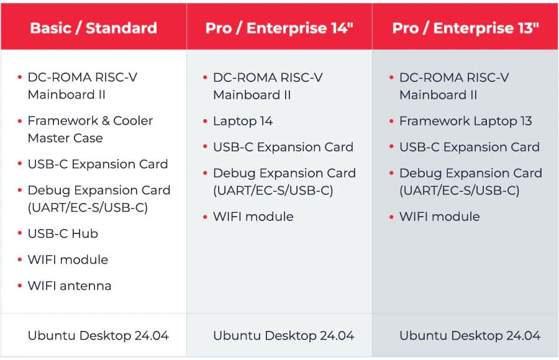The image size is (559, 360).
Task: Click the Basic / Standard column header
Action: (93, 28)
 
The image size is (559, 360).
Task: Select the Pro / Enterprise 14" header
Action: (279, 28)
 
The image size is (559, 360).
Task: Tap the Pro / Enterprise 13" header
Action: (466, 28)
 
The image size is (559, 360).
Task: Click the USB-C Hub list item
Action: (63, 233)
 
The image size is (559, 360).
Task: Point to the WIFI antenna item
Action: (70, 286)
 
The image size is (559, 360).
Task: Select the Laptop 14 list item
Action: (243, 121)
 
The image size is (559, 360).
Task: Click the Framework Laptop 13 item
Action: (466, 121)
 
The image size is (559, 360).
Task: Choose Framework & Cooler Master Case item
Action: (90, 129)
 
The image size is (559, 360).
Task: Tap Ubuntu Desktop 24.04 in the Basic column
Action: (98, 335)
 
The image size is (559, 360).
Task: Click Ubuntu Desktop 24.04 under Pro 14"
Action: (283, 335)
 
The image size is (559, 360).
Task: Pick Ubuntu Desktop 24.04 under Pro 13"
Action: (470, 335)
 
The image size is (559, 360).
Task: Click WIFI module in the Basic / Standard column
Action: (68, 259)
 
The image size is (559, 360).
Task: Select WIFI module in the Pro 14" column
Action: (253, 217)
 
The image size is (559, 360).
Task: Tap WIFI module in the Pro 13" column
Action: (440, 217)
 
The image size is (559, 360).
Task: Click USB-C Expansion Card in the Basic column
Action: (98, 164)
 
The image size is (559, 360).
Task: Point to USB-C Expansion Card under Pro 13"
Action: (470, 147)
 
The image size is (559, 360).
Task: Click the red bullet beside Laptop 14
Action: (205, 121)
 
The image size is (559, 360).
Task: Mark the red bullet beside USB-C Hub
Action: (20, 233)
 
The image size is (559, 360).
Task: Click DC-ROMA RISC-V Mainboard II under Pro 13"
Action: (454, 86)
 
